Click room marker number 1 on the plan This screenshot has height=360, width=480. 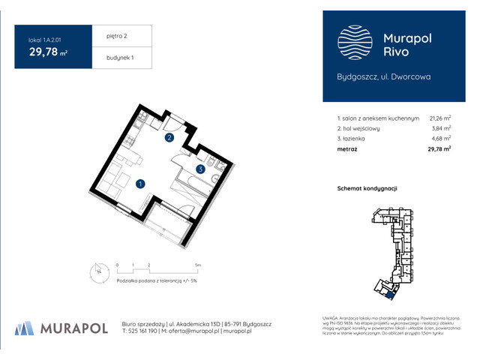[x=140, y=183]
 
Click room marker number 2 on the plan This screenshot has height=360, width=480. [x=169, y=138]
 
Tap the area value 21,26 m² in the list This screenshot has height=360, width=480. [x=439, y=118]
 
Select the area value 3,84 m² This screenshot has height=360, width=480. [x=441, y=128]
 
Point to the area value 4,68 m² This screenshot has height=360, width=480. [x=441, y=139]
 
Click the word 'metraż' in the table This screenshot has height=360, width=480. [x=347, y=149]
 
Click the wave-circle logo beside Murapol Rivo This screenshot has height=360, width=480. [x=351, y=41]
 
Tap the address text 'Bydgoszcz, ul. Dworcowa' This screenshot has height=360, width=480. [x=384, y=76]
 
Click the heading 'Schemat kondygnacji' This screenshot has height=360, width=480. [x=367, y=188]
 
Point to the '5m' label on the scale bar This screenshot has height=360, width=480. [x=197, y=265]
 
